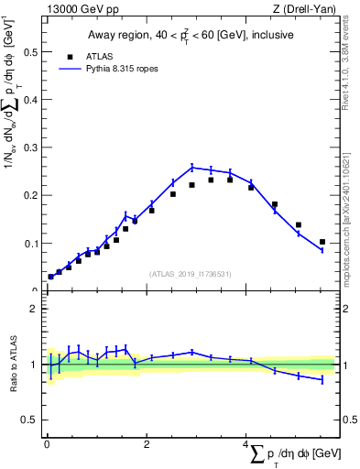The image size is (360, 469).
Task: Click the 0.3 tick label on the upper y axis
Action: (32, 147)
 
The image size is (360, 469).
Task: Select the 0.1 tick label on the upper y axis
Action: (32, 244)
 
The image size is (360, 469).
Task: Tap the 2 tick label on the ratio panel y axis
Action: (36, 309)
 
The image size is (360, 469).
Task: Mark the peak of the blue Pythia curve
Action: (191, 167)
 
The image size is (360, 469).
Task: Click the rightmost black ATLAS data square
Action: (322, 242)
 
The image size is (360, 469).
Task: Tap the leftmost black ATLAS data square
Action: (50, 277)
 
